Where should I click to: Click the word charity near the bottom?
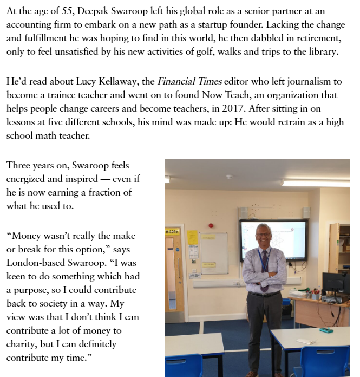click(x=21, y=344)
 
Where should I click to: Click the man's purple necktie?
click(x=264, y=268)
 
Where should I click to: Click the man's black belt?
click(x=265, y=294)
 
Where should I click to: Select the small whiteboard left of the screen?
click(x=214, y=252)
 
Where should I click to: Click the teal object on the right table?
click(x=326, y=330)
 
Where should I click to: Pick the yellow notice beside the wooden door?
click(x=192, y=237)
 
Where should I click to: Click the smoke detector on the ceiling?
click(x=230, y=177)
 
